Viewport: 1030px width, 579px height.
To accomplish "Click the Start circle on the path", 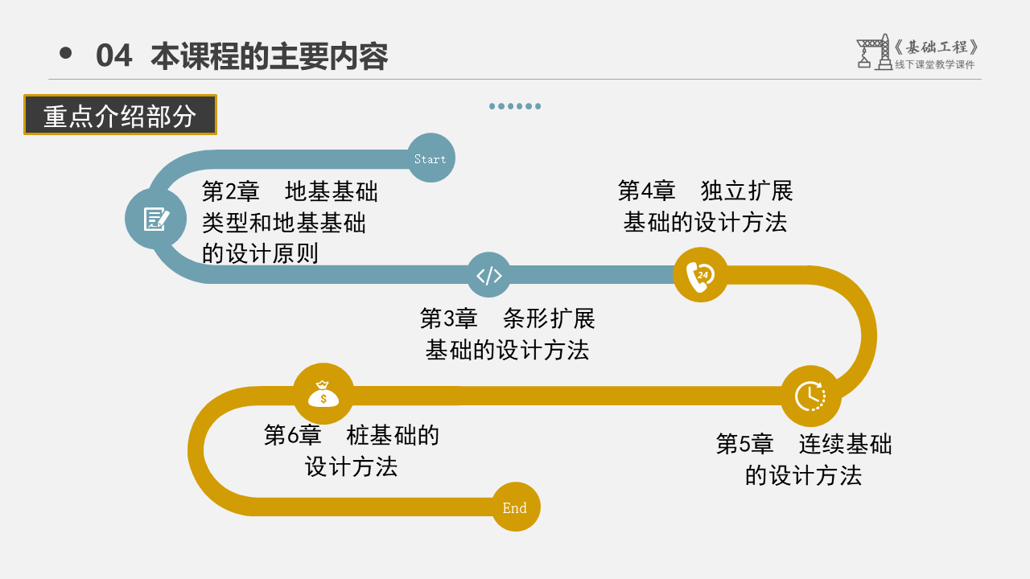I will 431,158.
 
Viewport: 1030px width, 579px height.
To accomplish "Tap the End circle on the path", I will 515,507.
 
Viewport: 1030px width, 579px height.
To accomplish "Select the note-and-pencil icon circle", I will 155,219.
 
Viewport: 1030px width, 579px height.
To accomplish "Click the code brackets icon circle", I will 489,276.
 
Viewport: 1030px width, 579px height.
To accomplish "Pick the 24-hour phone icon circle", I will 700,275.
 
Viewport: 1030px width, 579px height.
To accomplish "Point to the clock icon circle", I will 810,396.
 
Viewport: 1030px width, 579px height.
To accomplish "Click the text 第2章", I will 230,191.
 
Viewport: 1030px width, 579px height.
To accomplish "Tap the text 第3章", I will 448,318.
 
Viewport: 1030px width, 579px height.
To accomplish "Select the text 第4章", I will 646,191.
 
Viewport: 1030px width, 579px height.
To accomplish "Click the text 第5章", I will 744,444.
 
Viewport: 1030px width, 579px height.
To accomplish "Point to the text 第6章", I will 292,435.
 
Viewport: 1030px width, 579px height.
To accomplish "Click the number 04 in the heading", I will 113,56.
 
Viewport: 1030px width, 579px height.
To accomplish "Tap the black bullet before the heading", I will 66,53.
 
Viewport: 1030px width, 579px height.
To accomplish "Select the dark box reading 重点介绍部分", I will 120,115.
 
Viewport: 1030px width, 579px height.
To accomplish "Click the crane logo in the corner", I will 873,52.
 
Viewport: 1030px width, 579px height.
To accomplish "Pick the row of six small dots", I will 515,106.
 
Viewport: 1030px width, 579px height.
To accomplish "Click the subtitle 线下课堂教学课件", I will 934,65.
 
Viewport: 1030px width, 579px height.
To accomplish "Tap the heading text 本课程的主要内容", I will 270,56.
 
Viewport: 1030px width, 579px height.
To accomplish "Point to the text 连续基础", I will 845,444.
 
